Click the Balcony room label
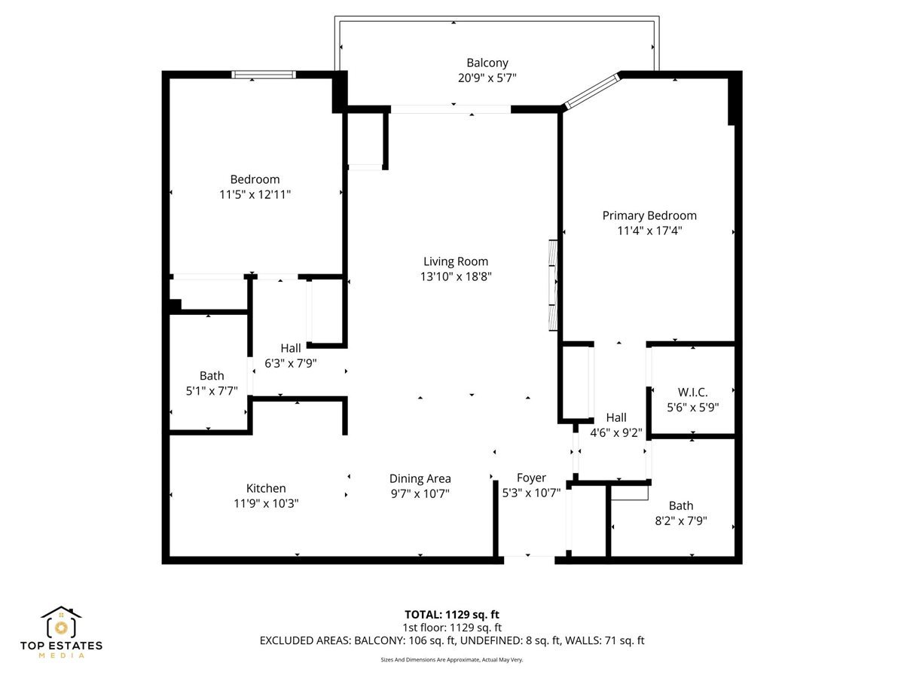(487, 63)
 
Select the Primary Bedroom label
(649, 215)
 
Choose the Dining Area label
(420, 478)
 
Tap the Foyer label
(531, 478)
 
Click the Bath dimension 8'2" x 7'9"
(681, 521)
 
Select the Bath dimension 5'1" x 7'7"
(212, 390)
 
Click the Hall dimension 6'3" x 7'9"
(290, 362)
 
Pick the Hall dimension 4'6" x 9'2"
(615, 432)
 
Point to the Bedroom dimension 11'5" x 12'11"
(255, 194)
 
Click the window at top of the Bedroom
(263, 75)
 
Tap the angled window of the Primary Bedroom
(592, 90)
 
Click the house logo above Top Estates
(61, 622)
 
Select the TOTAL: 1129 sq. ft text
(452, 614)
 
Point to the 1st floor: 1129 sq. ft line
(452, 627)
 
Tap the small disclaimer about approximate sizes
(452, 659)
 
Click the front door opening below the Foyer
(529, 558)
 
